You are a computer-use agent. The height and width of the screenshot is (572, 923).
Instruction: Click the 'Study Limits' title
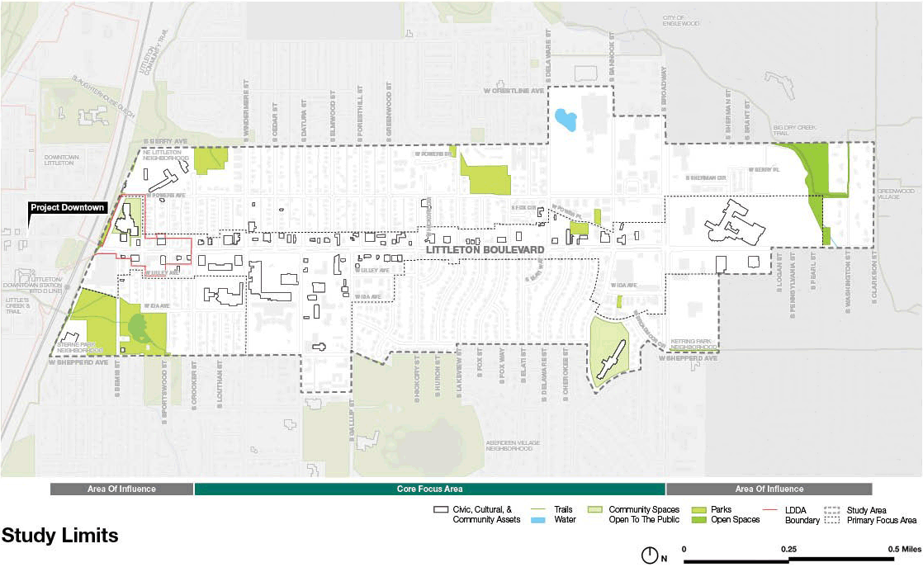point(60,536)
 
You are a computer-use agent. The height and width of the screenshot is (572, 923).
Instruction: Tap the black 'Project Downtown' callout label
point(68,207)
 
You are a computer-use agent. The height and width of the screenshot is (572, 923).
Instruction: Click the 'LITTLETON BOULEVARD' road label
point(484,248)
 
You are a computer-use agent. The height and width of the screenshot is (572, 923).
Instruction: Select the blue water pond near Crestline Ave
point(566,121)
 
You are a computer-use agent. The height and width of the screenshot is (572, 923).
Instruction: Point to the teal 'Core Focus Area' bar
point(429,489)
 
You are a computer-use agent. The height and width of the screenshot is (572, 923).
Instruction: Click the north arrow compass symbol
point(650,555)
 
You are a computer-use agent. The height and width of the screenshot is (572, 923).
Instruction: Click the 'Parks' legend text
point(722,510)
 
